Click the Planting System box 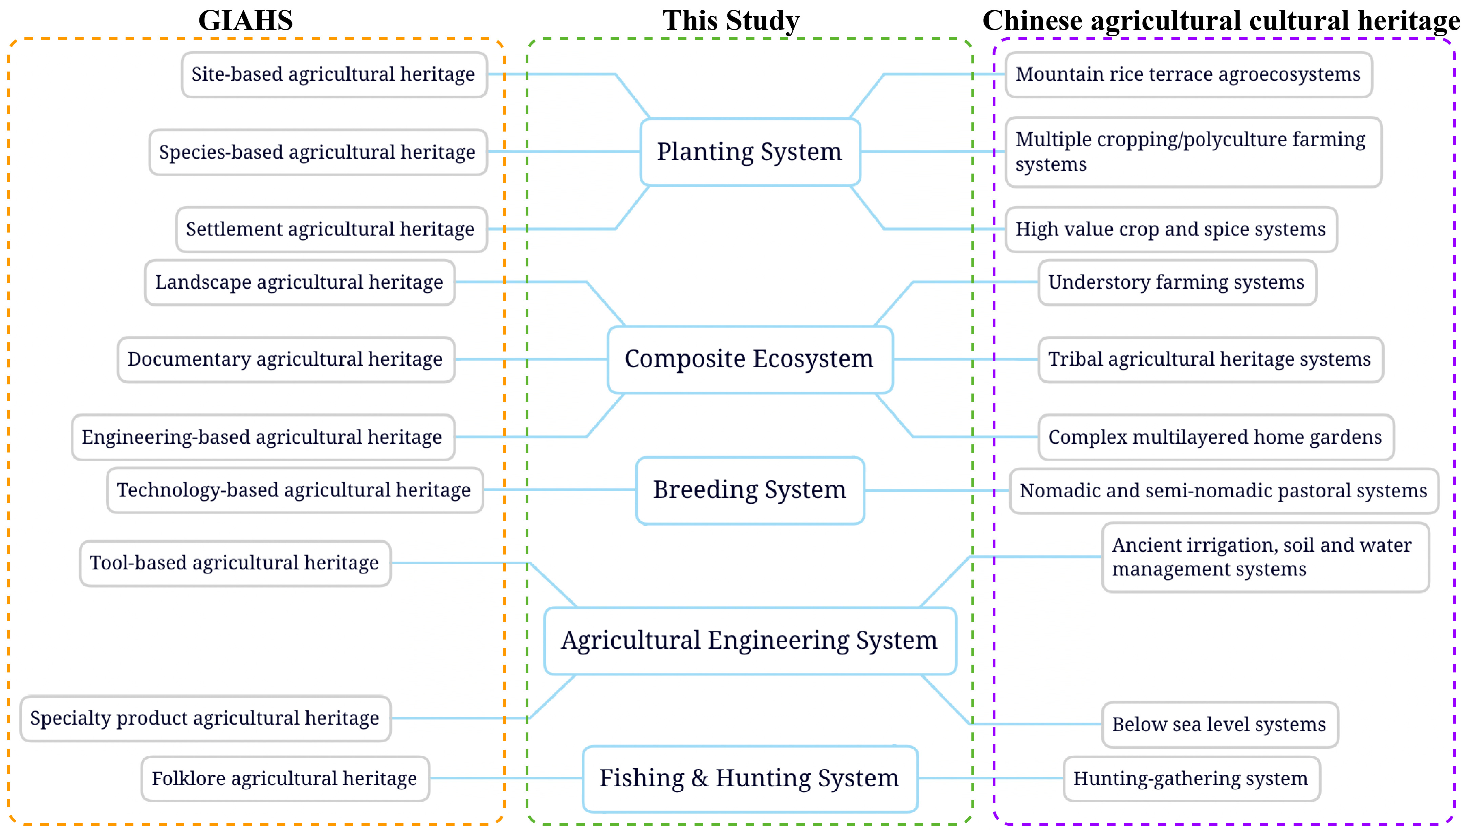(750, 152)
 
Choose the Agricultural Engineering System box (750, 640)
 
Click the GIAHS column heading (245, 21)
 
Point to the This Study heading (731, 21)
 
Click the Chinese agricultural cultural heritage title (1221, 21)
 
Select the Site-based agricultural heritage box (334, 74)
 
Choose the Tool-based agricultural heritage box (235, 563)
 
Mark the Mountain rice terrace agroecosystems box (1188, 74)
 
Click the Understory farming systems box (1177, 282)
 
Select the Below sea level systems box (1219, 725)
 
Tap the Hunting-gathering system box (1191, 779)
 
